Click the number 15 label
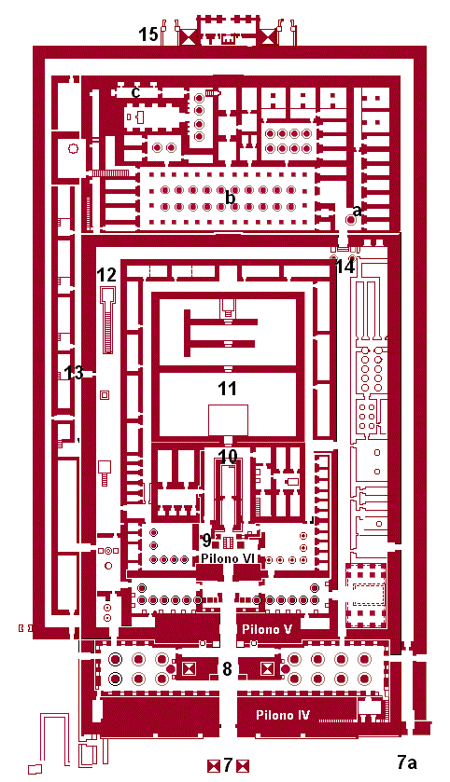[148, 34]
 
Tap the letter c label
[135, 91]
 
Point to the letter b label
[230, 198]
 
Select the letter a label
[357, 211]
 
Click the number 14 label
[345, 268]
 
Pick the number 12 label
[106, 275]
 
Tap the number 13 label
[74, 372]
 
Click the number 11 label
[227, 389]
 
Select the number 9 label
[206, 540]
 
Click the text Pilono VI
[227, 558]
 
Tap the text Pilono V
[267, 629]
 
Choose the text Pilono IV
[283, 715]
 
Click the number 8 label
[227, 669]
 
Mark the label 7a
[407, 762]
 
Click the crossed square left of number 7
[214, 765]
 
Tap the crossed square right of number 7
[243, 765]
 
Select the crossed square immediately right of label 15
[189, 36]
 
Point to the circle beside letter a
[351, 220]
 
